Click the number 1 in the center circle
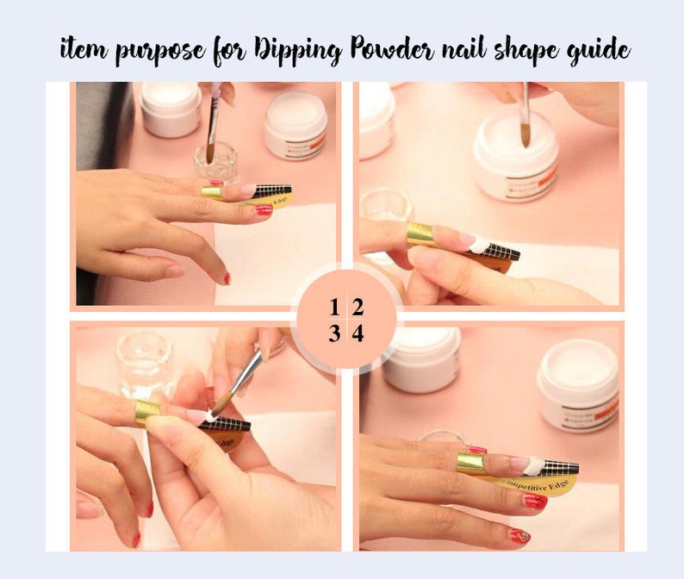333,308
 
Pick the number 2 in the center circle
358,308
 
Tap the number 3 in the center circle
333,333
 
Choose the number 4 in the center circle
358,333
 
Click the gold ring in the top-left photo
213,191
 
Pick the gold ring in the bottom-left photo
147,411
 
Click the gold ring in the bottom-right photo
471,463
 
